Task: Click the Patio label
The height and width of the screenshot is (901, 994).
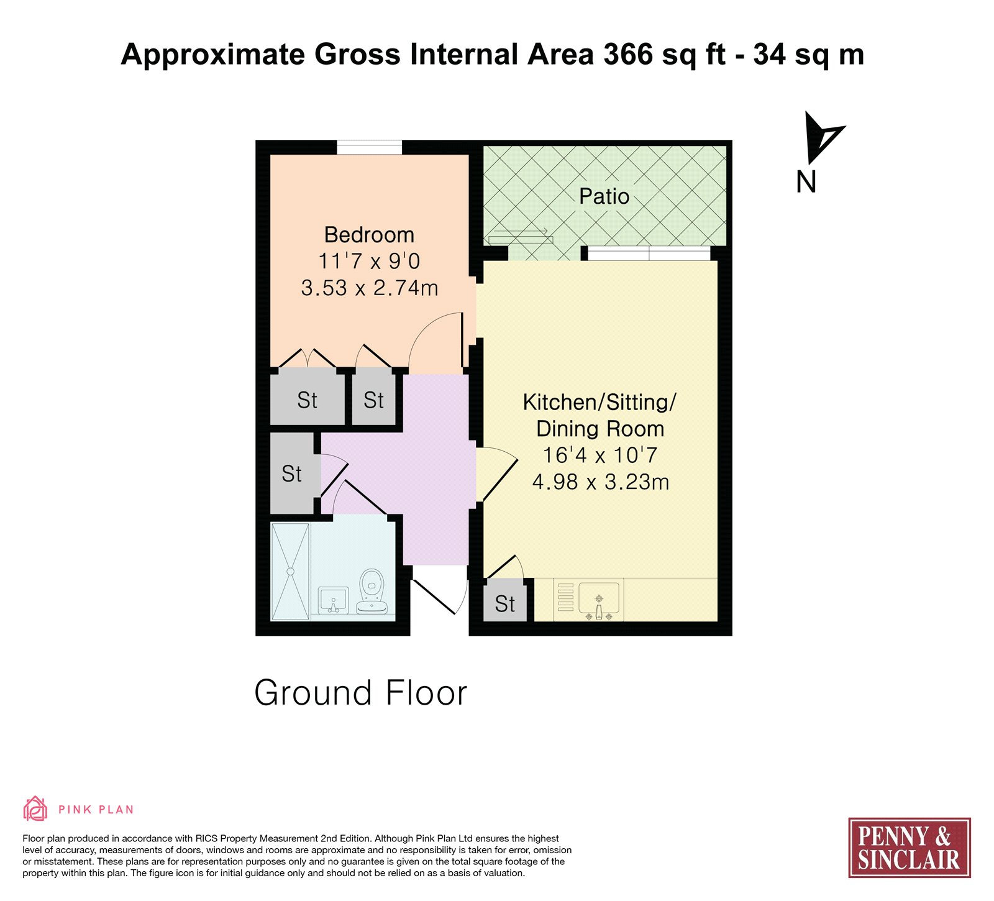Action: click(604, 196)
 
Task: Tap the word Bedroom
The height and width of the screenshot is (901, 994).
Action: click(369, 235)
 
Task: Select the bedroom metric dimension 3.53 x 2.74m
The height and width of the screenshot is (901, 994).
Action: click(370, 288)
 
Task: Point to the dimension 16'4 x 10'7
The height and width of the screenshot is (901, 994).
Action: click(600, 455)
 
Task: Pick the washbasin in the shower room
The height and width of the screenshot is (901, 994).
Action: click(332, 600)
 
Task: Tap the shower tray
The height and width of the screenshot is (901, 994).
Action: click(290, 572)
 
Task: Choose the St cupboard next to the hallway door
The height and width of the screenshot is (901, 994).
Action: click(292, 473)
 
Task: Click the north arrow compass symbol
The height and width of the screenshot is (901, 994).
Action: click(821, 137)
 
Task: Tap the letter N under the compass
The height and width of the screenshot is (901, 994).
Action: click(806, 181)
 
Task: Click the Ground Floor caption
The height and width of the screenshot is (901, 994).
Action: click(360, 693)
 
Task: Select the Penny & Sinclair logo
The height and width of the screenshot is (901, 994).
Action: click(909, 848)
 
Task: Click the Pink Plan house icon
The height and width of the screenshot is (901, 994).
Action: click(35, 809)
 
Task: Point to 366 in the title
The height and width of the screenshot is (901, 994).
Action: click(627, 54)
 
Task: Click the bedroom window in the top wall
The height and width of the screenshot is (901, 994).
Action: click(369, 147)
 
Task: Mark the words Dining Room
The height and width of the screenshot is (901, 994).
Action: click(600, 429)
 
